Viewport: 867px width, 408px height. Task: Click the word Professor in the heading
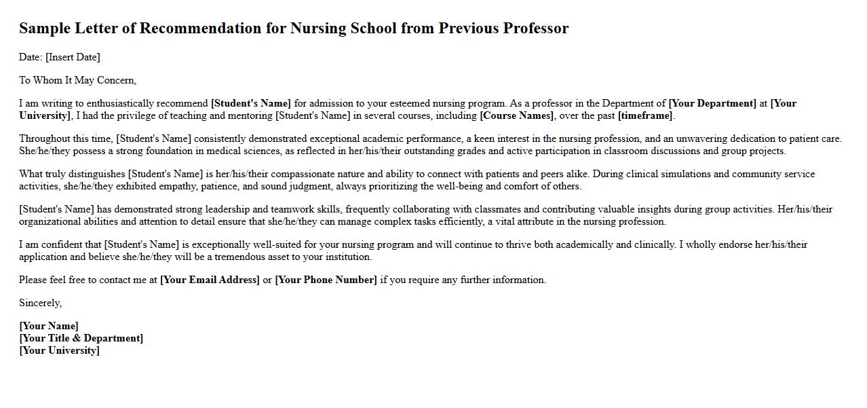pos(535,29)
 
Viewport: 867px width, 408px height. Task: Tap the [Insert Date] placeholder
pos(73,57)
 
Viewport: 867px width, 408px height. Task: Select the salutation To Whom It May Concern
pos(77,80)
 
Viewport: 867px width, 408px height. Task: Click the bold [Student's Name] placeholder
pos(251,103)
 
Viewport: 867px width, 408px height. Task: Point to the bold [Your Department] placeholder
pos(712,103)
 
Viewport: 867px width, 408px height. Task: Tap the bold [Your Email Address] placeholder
pos(210,280)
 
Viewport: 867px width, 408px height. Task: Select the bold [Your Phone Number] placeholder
pos(326,280)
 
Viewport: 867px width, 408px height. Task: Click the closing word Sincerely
pos(40,303)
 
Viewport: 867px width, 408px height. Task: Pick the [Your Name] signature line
pos(49,326)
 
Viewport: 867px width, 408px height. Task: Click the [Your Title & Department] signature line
pos(81,338)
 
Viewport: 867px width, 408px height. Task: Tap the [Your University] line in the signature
pos(59,350)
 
